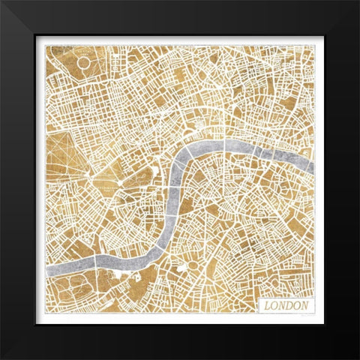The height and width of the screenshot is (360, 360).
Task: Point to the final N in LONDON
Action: coord(306,306)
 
